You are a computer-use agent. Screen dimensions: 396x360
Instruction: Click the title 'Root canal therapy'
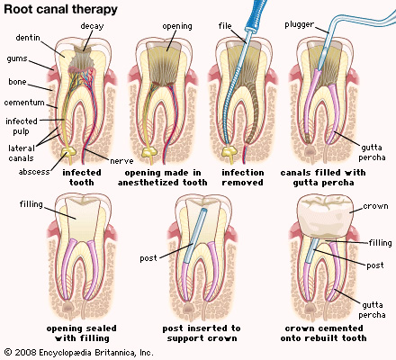[60, 9]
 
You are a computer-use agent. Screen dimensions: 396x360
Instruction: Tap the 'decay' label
[92, 26]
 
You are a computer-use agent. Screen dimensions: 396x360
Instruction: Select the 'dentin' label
[28, 38]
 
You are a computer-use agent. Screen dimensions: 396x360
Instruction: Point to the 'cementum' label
[24, 103]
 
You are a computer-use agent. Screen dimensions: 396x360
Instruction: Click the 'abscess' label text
[34, 172]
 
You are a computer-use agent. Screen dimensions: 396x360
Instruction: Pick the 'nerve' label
[121, 161]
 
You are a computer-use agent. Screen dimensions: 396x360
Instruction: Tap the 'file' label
[225, 26]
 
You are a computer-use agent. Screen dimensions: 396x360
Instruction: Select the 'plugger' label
[299, 24]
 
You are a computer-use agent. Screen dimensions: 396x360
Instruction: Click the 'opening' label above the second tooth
[177, 26]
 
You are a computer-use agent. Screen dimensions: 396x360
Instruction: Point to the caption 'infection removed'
[243, 177]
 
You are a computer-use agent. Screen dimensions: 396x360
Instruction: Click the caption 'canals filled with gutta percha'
[323, 177]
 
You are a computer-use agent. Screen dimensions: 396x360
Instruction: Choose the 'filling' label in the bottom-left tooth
[31, 204]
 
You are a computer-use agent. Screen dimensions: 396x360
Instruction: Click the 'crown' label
[375, 206]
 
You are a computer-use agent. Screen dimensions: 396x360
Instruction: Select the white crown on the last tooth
[325, 218]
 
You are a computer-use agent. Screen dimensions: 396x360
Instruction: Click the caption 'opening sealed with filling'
[81, 333]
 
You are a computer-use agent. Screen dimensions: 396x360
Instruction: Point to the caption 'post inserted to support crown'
[202, 333]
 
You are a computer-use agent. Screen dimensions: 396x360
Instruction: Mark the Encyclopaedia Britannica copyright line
[79, 352]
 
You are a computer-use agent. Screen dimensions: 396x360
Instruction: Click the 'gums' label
[17, 58]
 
